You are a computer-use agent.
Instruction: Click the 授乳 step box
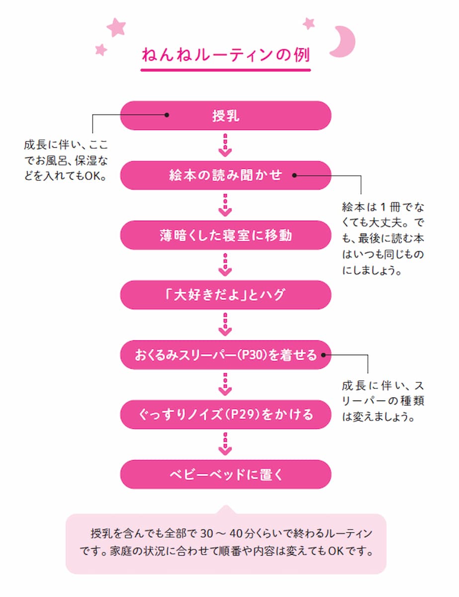tap(225, 116)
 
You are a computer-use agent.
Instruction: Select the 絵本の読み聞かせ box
tap(225, 175)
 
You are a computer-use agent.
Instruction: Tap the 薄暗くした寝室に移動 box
tap(225, 235)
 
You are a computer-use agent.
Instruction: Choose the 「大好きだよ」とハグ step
tap(225, 295)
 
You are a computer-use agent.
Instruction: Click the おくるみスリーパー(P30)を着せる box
tap(225, 355)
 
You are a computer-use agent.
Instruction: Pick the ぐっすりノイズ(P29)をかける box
tap(225, 414)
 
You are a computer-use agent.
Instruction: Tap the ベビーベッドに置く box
tap(225, 474)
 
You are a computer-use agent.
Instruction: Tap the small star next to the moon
tap(309, 23)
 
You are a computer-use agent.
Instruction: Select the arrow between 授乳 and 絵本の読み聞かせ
tap(225, 145)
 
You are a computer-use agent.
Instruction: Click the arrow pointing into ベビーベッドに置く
tap(225, 444)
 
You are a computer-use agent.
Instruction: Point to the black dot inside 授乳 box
tap(167, 115)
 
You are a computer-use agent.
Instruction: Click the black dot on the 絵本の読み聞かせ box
tap(294, 175)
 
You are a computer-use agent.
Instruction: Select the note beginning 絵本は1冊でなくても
tap(383, 239)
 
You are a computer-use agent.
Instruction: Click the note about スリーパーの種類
tap(383, 401)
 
